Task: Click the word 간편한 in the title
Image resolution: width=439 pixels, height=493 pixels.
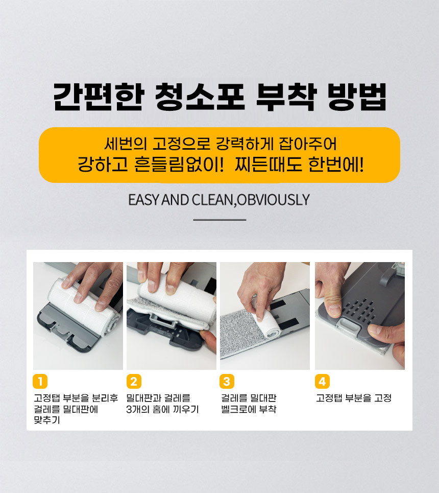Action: (99, 97)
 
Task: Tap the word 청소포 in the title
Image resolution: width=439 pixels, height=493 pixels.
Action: (200, 97)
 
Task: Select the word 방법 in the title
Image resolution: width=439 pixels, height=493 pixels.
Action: (357, 97)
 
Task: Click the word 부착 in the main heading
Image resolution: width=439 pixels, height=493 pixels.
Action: (286, 97)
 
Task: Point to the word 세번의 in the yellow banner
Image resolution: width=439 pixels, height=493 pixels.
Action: (126, 144)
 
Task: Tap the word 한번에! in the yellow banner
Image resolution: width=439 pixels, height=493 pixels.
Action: (336, 164)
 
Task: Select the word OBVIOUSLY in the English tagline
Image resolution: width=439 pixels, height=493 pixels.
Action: (274, 200)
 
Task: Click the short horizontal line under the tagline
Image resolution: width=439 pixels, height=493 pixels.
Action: (219, 220)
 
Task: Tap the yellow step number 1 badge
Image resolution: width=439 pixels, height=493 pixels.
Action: (40, 381)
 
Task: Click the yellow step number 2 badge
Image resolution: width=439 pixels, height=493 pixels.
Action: (134, 381)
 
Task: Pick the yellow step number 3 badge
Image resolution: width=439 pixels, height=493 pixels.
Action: (227, 381)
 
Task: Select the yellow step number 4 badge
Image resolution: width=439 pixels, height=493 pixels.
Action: (322, 381)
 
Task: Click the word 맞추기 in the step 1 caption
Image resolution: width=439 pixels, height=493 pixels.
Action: (47, 420)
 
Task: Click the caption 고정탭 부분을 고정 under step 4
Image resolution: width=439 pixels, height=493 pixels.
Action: (354, 398)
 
